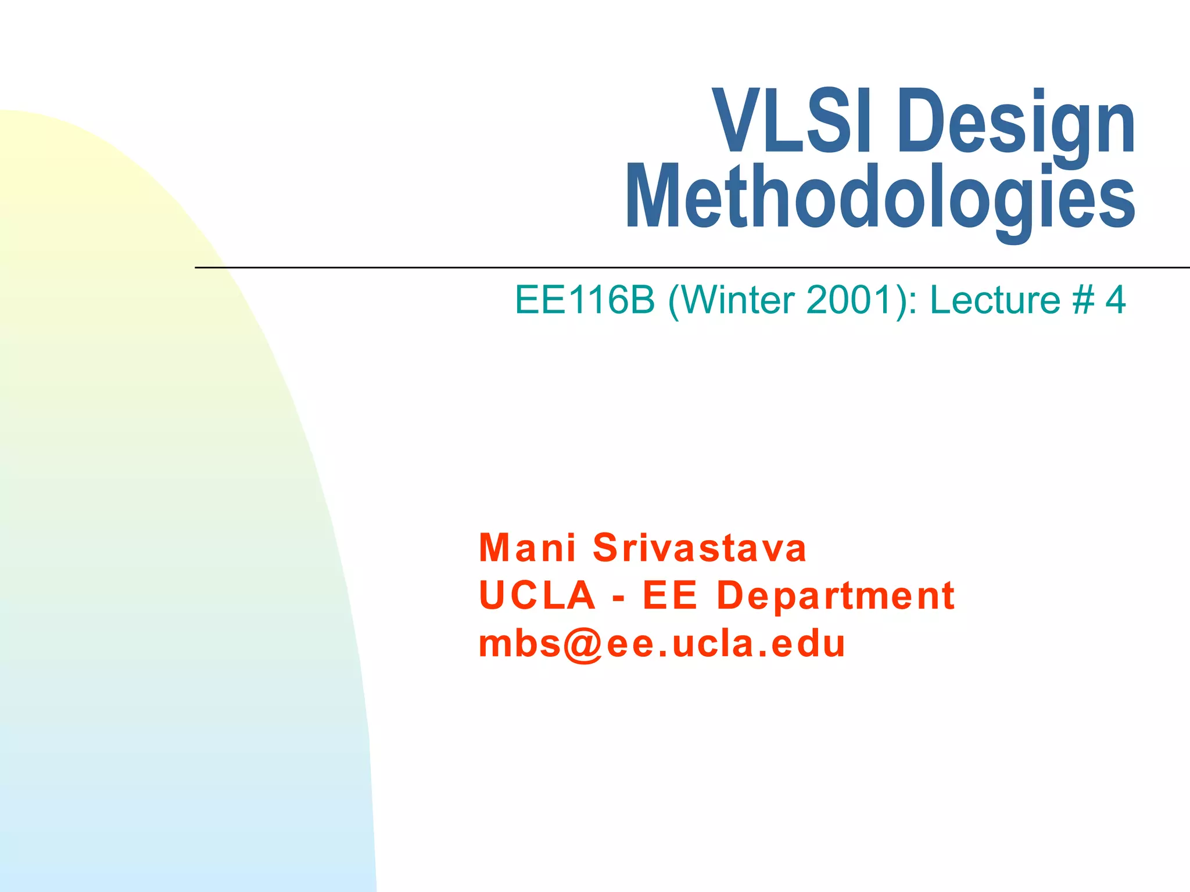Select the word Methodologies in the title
click(x=880, y=197)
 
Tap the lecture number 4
click(x=1115, y=300)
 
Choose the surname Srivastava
click(x=700, y=548)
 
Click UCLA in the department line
click(x=537, y=595)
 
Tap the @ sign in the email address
click(x=583, y=645)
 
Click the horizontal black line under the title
click(x=691, y=268)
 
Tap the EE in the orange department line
click(x=669, y=595)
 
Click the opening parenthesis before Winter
click(x=674, y=301)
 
